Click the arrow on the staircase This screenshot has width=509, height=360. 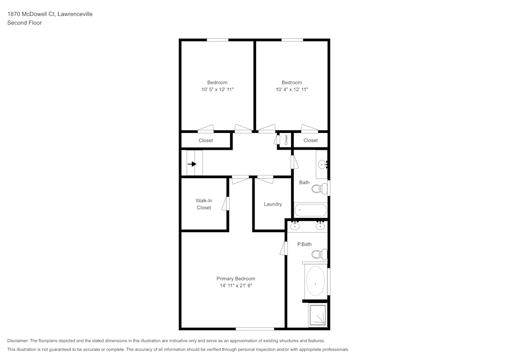pyautogui.click(x=192, y=164)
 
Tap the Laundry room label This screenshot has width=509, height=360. pyautogui.click(x=273, y=204)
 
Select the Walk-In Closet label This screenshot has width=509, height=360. pyautogui.click(x=204, y=204)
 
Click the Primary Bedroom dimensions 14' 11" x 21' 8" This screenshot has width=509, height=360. pyautogui.click(x=236, y=286)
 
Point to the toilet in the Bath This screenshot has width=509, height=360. pyautogui.click(x=318, y=189)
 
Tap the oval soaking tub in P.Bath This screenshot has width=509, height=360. pyautogui.click(x=316, y=282)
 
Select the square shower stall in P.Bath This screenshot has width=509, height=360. pyautogui.click(x=317, y=315)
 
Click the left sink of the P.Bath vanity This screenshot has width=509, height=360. pyautogui.click(x=295, y=226)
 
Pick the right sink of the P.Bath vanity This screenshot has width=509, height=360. pyautogui.click(x=320, y=226)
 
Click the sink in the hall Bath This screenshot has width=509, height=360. pyautogui.click(x=322, y=164)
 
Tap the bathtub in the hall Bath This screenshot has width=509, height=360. pyautogui.click(x=310, y=210)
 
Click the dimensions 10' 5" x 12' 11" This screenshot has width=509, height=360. pyautogui.click(x=217, y=90)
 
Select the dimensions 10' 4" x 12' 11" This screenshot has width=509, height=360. pyautogui.click(x=292, y=90)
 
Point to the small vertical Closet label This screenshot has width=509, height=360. pyautogui.click(x=286, y=140)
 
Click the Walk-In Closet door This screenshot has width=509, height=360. pyautogui.click(x=228, y=203)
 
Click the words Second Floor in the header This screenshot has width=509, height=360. pyautogui.click(x=24, y=23)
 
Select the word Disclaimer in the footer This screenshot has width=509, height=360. pyautogui.click(x=18, y=341)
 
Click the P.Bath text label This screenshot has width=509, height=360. pyautogui.click(x=304, y=244)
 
